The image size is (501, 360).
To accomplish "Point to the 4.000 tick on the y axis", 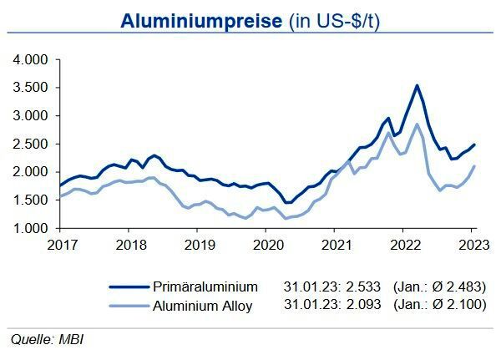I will [x=31, y=60].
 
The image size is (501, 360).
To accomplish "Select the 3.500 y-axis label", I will [x=31, y=88].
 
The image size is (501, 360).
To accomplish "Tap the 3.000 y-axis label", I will [x=31, y=116].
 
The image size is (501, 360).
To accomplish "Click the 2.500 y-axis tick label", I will [x=31, y=144].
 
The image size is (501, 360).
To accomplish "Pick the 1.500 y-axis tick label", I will [x=31, y=200].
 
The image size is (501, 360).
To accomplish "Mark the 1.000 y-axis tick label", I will [x=31, y=228].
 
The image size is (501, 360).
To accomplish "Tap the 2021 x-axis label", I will [x=335, y=245].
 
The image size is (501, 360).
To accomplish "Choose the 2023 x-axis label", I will [x=472, y=245].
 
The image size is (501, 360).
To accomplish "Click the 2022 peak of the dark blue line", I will [x=417, y=85].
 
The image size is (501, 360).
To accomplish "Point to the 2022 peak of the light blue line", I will [x=417, y=124].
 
